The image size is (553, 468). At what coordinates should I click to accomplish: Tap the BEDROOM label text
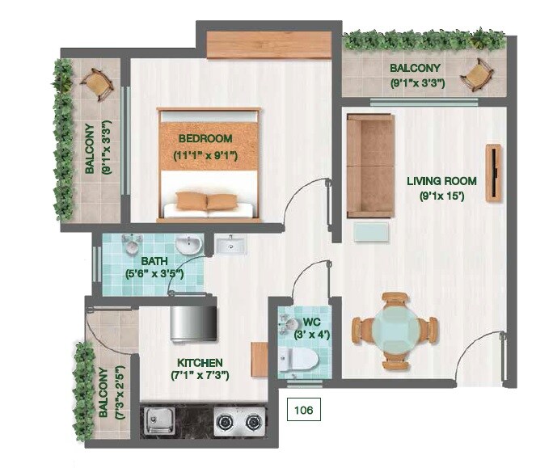coord(205,138)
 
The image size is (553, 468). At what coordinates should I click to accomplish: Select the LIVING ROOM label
coord(441,181)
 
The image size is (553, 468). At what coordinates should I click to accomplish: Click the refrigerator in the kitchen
coord(193,318)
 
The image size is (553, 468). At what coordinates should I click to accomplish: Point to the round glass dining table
coord(395,329)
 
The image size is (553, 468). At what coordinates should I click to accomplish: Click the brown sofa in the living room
coord(370,166)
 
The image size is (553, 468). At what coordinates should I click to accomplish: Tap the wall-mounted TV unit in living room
coord(492,172)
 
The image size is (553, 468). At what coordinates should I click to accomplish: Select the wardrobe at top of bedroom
coord(268,44)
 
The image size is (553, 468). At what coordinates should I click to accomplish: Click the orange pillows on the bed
coord(206,201)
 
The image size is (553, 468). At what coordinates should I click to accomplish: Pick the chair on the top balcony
coord(477,75)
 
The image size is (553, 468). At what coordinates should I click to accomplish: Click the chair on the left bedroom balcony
coord(96,83)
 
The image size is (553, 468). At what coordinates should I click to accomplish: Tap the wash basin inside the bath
coord(187,244)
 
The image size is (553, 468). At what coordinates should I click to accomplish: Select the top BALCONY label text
coord(415,69)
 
